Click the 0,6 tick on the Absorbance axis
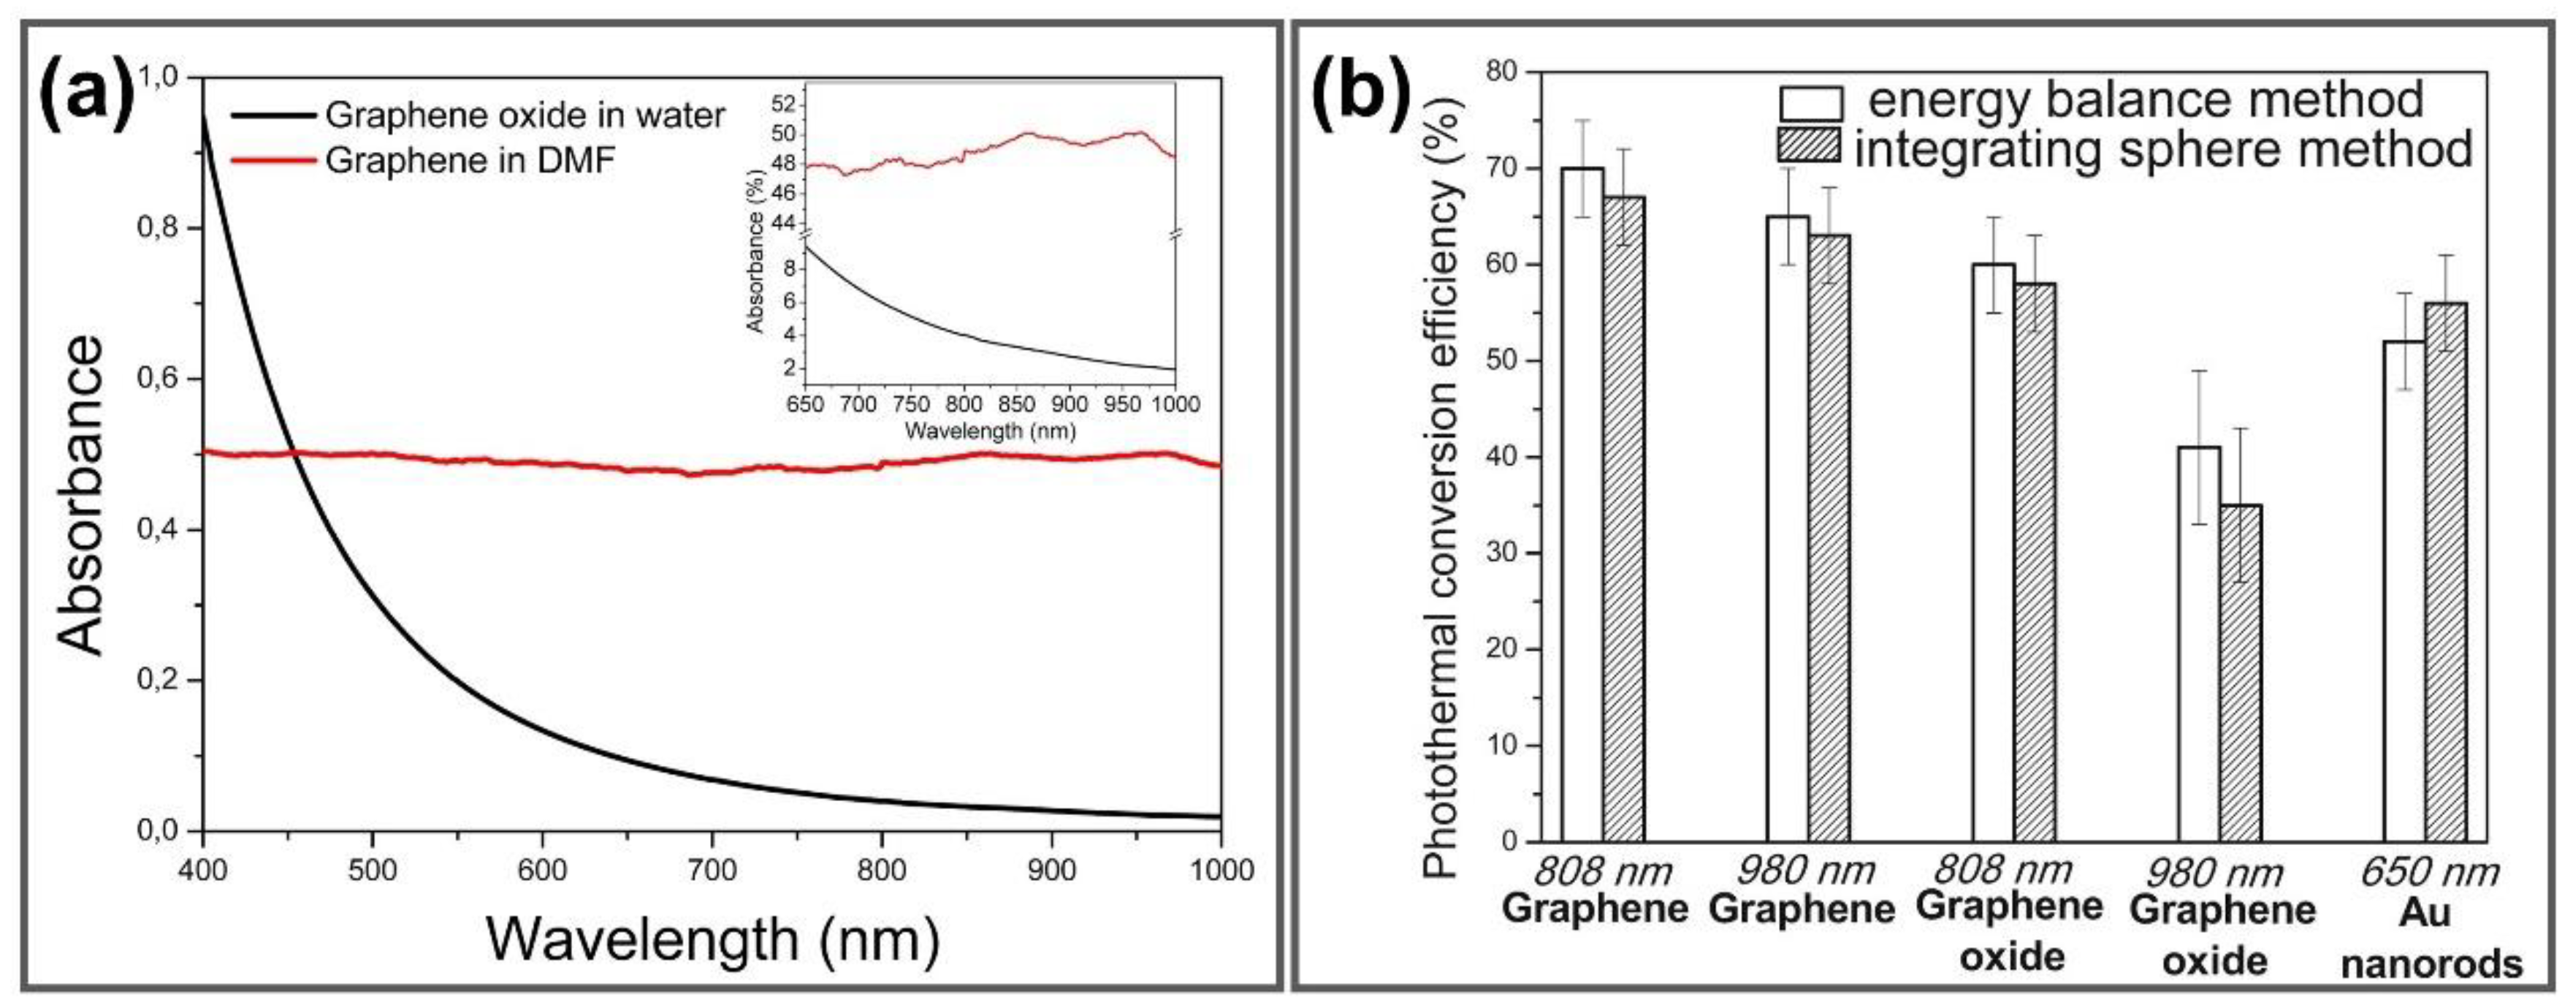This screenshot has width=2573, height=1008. (157, 379)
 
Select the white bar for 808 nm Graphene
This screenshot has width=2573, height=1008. (1582, 504)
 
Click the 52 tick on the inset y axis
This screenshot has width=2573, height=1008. (783, 102)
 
